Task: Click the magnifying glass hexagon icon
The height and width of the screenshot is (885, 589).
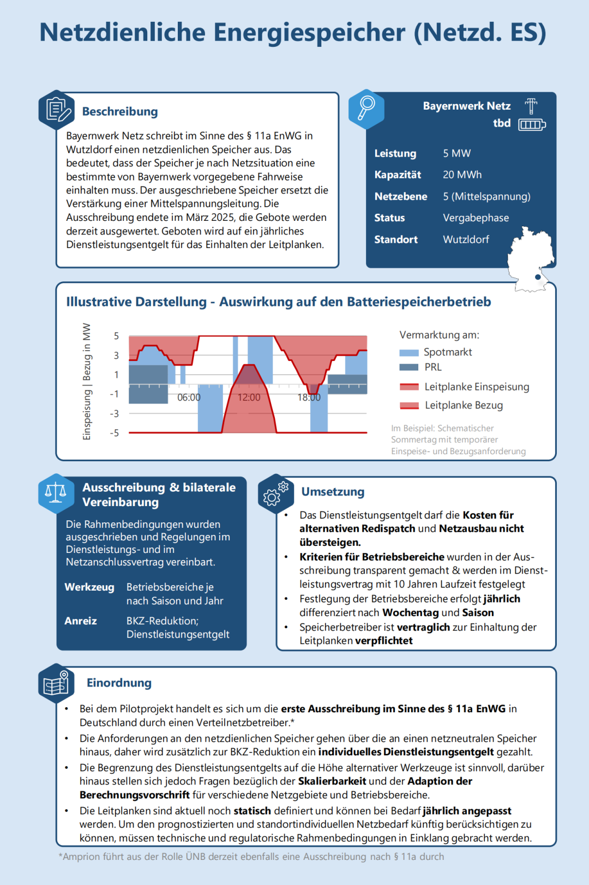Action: [x=366, y=109]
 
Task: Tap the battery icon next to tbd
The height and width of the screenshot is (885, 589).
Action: [x=532, y=125]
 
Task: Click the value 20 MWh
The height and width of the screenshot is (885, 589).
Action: [x=462, y=174]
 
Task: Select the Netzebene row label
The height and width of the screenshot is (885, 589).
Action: [x=400, y=196]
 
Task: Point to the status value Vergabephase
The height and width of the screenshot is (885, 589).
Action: [x=476, y=218]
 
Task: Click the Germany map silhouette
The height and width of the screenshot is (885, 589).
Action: [x=531, y=259]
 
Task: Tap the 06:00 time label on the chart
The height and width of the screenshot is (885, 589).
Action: [x=189, y=398]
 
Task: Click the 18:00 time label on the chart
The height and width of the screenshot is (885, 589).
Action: [x=309, y=398]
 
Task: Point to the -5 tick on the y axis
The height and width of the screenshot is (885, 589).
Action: [x=114, y=433]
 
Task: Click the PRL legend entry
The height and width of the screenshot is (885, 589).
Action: [x=433, y=367]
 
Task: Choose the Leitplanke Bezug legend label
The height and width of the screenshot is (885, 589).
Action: [x=464, y=405]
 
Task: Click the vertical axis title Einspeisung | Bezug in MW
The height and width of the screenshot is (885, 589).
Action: [x=87, y=381]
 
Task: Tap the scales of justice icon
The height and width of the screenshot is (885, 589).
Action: [x=56, y=493]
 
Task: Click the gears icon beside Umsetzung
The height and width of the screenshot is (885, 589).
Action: [x=275, y=493]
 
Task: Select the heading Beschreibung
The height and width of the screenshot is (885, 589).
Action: [x=120, y=111]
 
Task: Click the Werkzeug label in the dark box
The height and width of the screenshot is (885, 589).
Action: [x=89, y=587]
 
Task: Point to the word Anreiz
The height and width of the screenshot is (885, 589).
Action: [x=81, y=621]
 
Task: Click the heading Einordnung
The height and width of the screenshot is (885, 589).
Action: [x=119, y=683]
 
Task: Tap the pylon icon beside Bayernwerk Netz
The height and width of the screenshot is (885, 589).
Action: [x=531, y=105]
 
